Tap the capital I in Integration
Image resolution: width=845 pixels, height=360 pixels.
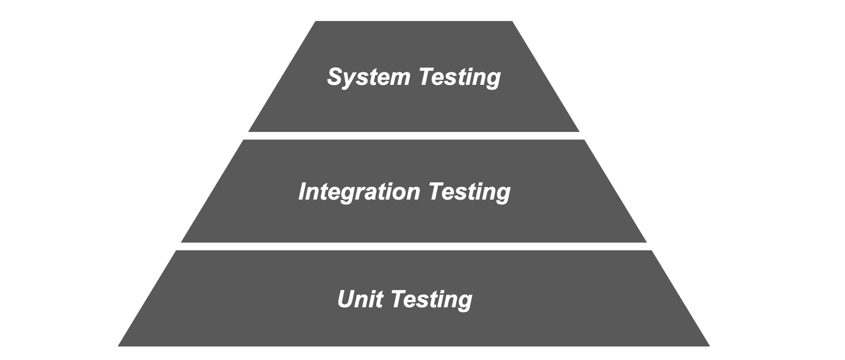point(303,192)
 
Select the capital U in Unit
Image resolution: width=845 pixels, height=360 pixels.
point(346,299)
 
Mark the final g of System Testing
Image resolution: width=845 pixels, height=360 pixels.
point(493,79)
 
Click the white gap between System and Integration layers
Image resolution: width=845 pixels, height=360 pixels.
point(414,136)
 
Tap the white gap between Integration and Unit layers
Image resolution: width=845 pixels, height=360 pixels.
point(414,246)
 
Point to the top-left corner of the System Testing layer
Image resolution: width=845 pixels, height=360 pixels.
point(316,22)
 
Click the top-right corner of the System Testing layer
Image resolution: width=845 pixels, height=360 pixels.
point(512,22)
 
